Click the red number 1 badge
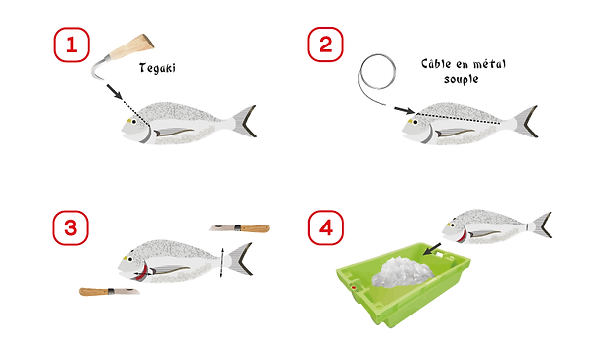(x=72, y=45)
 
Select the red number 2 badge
(x=326, y=45)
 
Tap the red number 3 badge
(x=71, y=227)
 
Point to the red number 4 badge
(x=326, y=227)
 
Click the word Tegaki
(x=157, y=68)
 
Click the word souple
(x=462, y=79)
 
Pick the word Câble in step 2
(x=436, y=64)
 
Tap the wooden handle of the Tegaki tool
(x=131, y=46)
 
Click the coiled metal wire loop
(x=378, y=72)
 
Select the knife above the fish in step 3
(x=239, y=228)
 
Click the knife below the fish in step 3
(x=110, y=291)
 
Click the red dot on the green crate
(x=354, y=288)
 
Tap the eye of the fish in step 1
(x=134, y=122)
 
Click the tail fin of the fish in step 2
(x=525, y=122)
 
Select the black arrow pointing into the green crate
(x=432, y=249)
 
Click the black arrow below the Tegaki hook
(x=114, y=92)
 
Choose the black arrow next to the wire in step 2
(x=405, y=110)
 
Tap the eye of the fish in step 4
(x=452, y=225)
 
